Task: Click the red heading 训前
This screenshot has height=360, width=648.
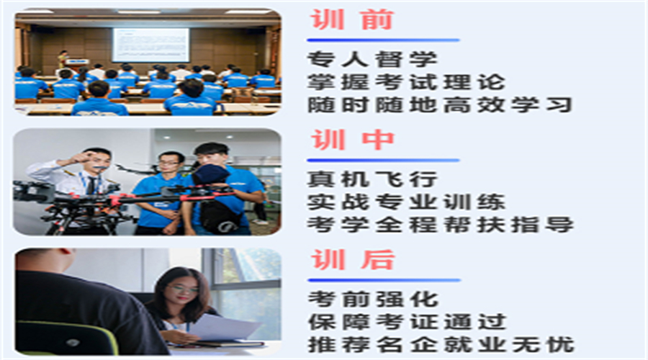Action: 352,20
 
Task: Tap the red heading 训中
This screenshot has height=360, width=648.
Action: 353,140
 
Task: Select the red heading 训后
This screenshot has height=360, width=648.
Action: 353,260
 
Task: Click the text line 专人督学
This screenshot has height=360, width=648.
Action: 372,59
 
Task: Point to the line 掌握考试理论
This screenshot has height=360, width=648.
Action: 406,82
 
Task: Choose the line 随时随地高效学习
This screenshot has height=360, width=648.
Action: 440,105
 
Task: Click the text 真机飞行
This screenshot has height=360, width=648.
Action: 372,179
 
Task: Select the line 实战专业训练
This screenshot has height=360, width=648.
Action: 406,202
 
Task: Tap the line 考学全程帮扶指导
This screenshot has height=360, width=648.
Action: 441,225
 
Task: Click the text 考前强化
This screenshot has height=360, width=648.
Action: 373,300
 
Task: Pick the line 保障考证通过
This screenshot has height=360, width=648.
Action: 407,322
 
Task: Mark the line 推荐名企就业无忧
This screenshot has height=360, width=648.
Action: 441,345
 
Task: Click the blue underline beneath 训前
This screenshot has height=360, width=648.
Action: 383,40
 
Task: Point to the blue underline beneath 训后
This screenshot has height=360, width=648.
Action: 384,280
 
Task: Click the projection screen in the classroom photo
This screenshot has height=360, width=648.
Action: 151,45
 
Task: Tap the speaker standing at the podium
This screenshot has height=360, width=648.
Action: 63,59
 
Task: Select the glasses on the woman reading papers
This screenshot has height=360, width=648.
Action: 182,289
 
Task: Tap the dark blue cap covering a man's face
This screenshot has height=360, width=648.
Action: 211,174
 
